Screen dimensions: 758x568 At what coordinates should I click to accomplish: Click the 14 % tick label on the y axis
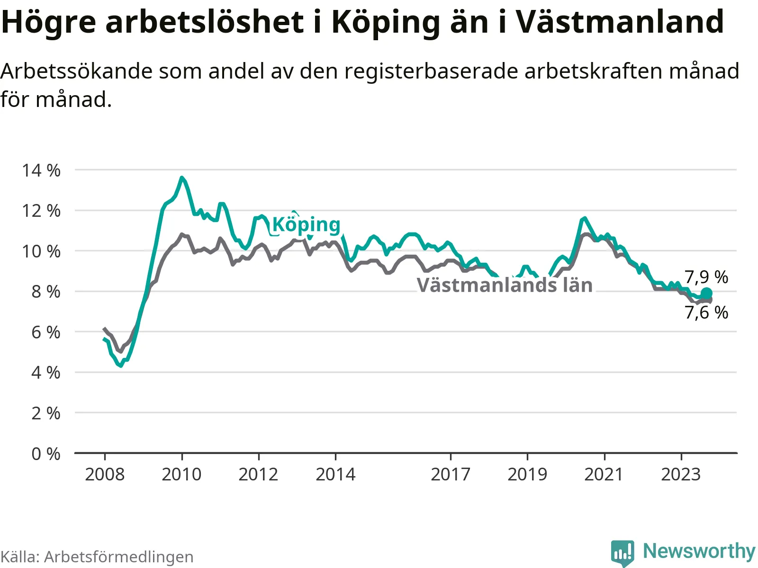pos(41,170)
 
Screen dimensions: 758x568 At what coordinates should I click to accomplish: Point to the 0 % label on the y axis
pos(46,454)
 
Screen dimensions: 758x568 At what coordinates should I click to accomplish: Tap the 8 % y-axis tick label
pos(46,292)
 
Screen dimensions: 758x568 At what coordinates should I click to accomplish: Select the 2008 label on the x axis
pos(105,474)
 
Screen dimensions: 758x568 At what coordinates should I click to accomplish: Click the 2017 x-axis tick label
pos(451,474)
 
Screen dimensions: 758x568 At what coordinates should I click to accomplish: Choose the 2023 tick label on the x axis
pos(681,474)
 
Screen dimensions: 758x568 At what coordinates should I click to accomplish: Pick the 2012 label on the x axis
pos(258,474)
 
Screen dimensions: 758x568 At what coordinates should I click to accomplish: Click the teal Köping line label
pos(307,226)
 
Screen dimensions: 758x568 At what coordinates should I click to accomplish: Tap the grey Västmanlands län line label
pos(505,285)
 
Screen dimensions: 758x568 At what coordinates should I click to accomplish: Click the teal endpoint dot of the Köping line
pos(706,293)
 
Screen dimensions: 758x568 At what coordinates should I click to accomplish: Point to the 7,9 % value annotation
pos(706,277)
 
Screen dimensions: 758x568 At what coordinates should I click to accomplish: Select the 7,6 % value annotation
pos(706,313)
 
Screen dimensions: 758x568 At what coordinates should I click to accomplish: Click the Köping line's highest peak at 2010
pos(181,177)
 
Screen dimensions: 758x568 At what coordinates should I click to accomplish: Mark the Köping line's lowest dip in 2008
pos(120,366)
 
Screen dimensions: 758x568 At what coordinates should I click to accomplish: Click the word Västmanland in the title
pos(620,21)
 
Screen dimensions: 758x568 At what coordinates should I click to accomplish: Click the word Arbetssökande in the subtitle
pos(76,71)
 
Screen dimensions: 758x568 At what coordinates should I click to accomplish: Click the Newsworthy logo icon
pos(623,553)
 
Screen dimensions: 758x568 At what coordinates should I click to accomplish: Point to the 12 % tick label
pos(41,211)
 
